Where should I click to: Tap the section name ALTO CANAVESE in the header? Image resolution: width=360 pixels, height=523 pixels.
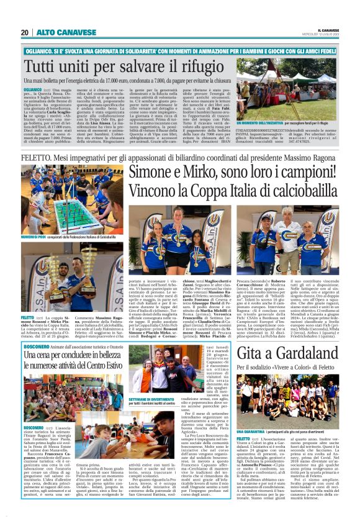click(57, 32)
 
